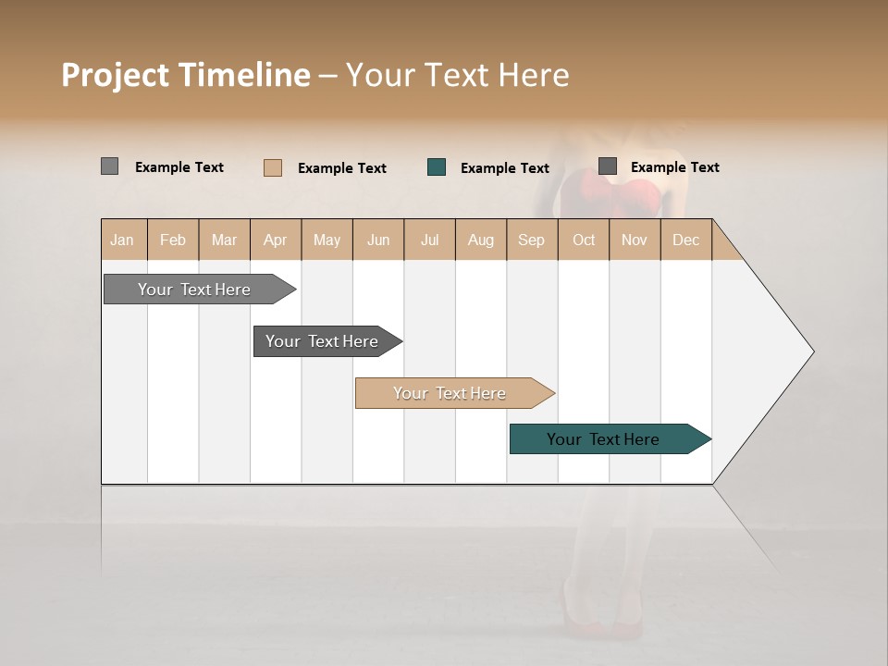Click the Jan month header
[x=123, y=240]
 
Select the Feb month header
[x=173, y=240]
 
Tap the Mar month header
[x=224, y=240]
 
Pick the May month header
[x=327, y=240]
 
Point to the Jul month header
[x=429, y=240]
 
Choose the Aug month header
[x=481, y=240]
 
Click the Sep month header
[x=532, y=240]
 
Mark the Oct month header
[x=584, y=240]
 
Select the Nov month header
[x=635, y=240]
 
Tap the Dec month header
[x=686, y=240]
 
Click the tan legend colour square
[x=273, y=167]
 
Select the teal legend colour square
[x=437, y=167]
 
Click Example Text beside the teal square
[x=505, y=168]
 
